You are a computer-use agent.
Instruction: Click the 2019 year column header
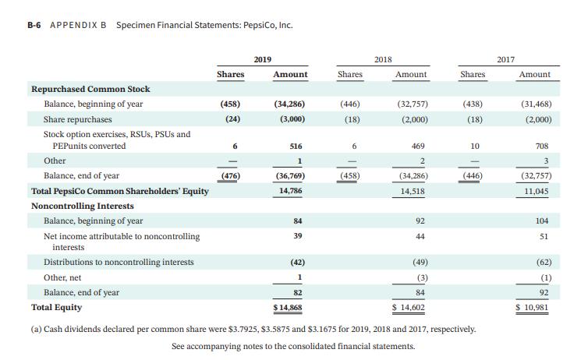pos(263,59)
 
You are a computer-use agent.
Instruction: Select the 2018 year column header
pos(383,59)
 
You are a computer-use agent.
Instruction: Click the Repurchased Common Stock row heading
pos(90,89)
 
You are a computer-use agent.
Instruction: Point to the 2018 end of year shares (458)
pos(349,176)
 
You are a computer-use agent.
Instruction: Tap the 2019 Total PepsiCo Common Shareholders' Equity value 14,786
pos(289,190)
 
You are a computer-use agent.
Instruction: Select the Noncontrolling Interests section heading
pos(82,206)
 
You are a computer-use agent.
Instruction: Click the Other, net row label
pos(62,277)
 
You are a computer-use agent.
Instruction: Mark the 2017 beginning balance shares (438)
pos(473,104)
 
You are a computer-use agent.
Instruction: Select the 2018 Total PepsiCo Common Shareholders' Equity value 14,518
pos(411,190)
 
